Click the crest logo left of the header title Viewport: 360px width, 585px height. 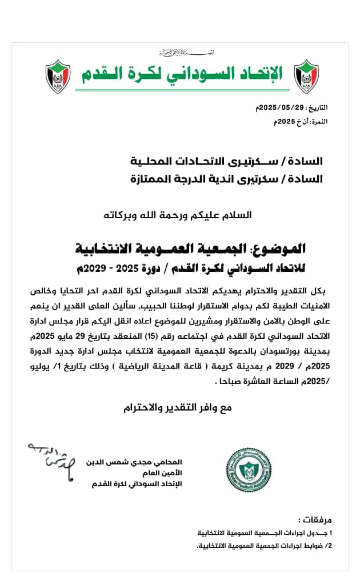tap(57, 77)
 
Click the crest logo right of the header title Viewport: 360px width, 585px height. tap(306, 77)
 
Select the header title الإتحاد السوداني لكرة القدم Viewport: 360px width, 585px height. tap(182, 74)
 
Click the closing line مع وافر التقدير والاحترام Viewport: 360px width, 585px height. tap(179, 408)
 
